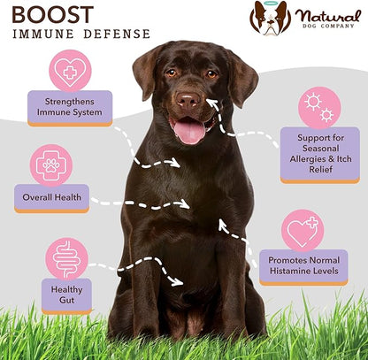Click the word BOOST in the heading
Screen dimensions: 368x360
pyautogui.click(x=53, y=15)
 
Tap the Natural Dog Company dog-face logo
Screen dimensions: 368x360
pyautogui.click(x=270, y=19)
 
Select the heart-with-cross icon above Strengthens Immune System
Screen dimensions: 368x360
pyautogui.click(x=70, y=71)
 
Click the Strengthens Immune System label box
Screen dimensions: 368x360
pyautogui.click(x=70, y=108)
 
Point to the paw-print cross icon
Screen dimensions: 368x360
pyautogui.click(x=51, y=165)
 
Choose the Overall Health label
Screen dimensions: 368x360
pyautogui.click(x=51, y=198)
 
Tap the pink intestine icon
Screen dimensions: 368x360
pyautogui.click(x=67, y=259)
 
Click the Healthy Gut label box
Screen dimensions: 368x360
pyautogui.click(x=66, y=295)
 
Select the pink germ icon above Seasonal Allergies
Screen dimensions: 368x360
pyautogui.click(x=319, y=108)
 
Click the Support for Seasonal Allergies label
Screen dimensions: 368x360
pyautogui.click(x=320, y=155)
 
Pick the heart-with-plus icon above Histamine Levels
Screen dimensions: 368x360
pyautogui.click(x=303, y=231)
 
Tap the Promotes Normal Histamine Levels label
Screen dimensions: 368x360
pyautogui.click(x=303, y=267)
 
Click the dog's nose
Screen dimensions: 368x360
pyautogui.click(x=188, y=99)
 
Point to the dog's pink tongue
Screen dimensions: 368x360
pyautogui.click(x=189, y=132)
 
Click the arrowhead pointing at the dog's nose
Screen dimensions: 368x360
pyautogui.click(x=211, y=103)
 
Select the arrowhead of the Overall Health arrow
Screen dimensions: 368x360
pyautogui.click(x=185, y=203)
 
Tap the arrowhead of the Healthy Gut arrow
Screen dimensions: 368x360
pyautogui.click(x=178, y=282)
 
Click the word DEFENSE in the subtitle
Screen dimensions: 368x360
pyautogui.click(x=117, y=34)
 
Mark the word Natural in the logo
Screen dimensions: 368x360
pyautogui.click(x=328, y=16)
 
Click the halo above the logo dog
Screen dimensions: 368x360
pyautogui.click(x=271, y=3)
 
